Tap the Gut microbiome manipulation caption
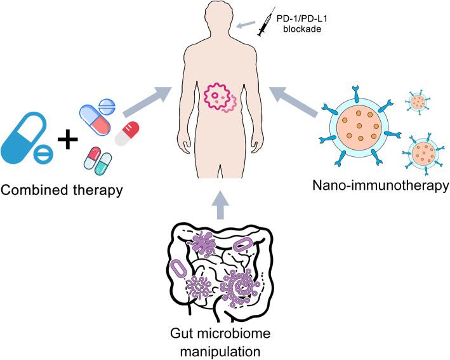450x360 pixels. (225, 341)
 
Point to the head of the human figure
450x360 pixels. (225, 18)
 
